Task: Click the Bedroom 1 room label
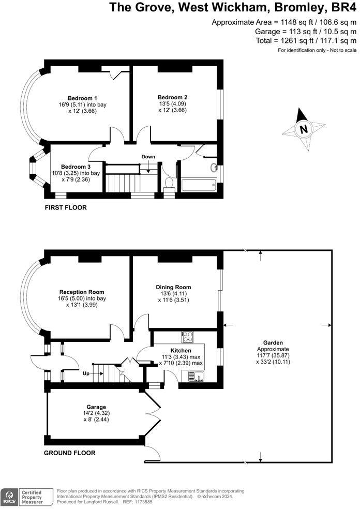click(82, 98)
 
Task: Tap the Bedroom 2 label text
click(172, 97)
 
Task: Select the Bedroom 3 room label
click(76, 167)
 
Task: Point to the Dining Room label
click(173, 287)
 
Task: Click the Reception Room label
click(82, 292)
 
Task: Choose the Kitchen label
click(181, 350)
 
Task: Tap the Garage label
click(96, 407)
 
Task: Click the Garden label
click(273, 342)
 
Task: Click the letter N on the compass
click(304, 129)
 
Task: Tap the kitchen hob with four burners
click(188, 337)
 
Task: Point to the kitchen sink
click(196, 377)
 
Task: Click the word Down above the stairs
click(148, 157)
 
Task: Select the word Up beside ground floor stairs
click(86, 373)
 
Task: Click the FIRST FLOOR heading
click(66, 207)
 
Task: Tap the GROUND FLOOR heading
click(69, 453)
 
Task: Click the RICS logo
click(9, 497)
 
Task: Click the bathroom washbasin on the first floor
click(214, 168)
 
